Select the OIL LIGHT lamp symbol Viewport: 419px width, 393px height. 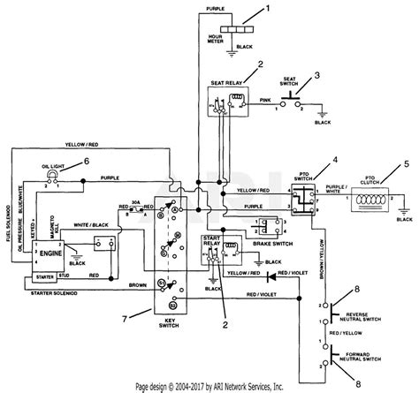pos(50,176)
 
